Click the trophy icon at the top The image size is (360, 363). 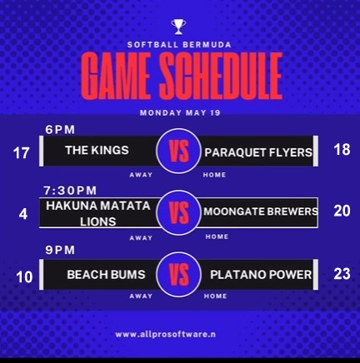(x=178, y=27)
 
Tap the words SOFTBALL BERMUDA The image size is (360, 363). (x=179, y=45)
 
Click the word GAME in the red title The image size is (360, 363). (x=116, y=76)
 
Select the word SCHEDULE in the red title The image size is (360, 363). (x=221, y=76)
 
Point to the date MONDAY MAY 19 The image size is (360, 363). (x=180, y=113)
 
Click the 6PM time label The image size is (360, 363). (x=60, y=130)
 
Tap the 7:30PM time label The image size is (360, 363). (x=70, y=191)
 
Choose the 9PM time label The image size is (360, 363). (x=60, y=251)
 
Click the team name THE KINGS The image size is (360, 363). (x=97, y=151)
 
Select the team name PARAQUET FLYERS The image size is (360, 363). (x=258, y=152)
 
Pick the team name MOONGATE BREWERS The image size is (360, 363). (x=261, y=211)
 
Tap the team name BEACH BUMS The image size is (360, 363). (x=106, y=275)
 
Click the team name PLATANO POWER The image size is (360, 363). (x=261, y=275)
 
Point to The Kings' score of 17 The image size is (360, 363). (x=21, y=153)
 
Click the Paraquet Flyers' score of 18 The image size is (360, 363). (x=342, y=150)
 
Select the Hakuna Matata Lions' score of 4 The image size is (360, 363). (x=23, y=214)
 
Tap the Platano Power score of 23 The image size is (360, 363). (x=342, y=274)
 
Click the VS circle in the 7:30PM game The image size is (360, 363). (x=178, y=213)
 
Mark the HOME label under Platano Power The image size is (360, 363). (x=215, y=296)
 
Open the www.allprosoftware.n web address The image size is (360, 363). (x=166, y=335)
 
